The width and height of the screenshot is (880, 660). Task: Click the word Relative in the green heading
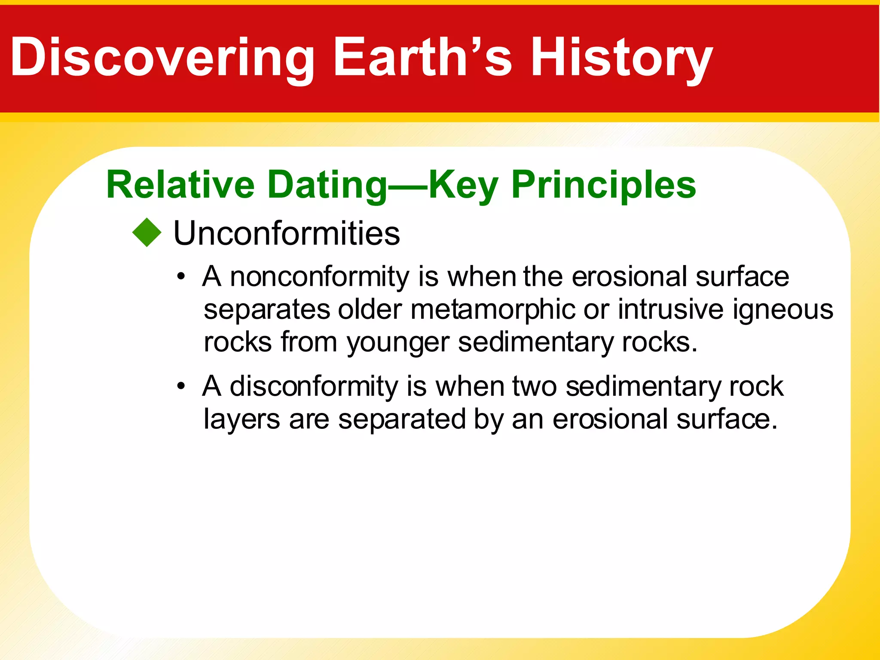[180, 185]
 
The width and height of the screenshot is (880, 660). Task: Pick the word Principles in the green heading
[603, 185]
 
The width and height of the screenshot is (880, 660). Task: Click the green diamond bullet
[147, 232]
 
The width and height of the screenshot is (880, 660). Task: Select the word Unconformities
[287, 233]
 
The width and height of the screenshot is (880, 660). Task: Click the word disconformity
[314, 386]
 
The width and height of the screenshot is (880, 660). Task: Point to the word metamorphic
[492, 309]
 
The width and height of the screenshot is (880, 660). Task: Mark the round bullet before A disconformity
[181, 386]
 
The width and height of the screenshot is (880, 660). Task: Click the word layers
[242, 419]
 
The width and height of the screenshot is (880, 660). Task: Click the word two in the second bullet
[535, 386]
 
